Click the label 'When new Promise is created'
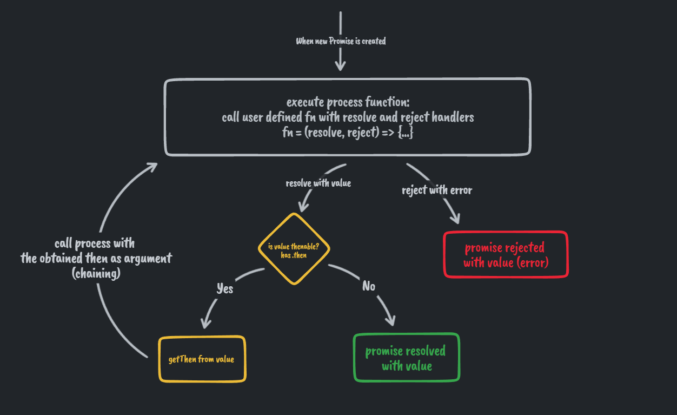pos(341,41)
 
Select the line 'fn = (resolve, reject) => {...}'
pos(348,132)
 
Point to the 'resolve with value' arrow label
pos(318,183)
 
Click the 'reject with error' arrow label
pos(436,190)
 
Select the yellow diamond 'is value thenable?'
pos(294,249)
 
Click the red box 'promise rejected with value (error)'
pos(505,255)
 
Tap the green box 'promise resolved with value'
pos(406,358)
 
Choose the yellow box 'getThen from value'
pos(202,359)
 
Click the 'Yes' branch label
pos(224,288)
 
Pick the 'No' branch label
pos(369,286)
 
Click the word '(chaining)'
pos(96,274)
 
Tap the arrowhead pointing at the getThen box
pos(205,324)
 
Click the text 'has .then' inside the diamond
pos(294,255)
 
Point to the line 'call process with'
pos(95,243)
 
